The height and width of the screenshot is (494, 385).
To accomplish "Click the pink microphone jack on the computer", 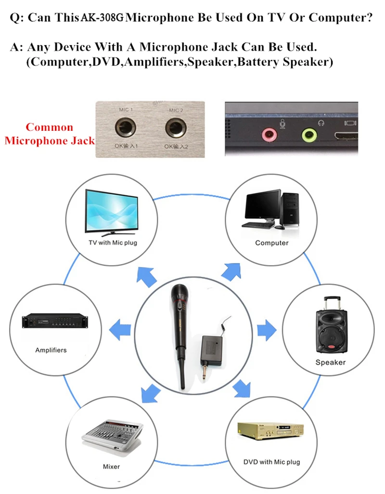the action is coord(269,135).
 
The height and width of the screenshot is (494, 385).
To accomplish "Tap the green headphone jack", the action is coord(309,135).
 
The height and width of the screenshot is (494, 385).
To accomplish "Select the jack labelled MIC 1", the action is coord(125,127).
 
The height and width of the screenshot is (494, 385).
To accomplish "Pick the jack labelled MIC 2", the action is coord(176,127).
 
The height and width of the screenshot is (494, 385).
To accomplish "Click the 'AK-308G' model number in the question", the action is coord(102,17).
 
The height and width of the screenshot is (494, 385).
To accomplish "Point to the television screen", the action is coord(112,211).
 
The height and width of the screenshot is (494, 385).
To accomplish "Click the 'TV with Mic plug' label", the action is coord(113,242).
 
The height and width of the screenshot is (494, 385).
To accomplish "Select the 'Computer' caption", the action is coord(272,243).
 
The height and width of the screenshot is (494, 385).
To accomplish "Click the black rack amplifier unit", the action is coord(55,321).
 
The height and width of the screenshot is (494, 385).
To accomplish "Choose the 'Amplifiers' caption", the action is coord(51,350).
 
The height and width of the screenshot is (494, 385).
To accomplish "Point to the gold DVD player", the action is coord(270,431).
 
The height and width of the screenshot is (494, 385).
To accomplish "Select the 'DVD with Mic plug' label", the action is coord(272,462).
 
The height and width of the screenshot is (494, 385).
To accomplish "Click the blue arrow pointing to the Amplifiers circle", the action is coord(120,330).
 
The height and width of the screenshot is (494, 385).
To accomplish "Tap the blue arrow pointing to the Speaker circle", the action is coord(267,330).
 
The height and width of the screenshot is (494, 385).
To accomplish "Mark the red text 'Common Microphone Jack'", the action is coord(50,134).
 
